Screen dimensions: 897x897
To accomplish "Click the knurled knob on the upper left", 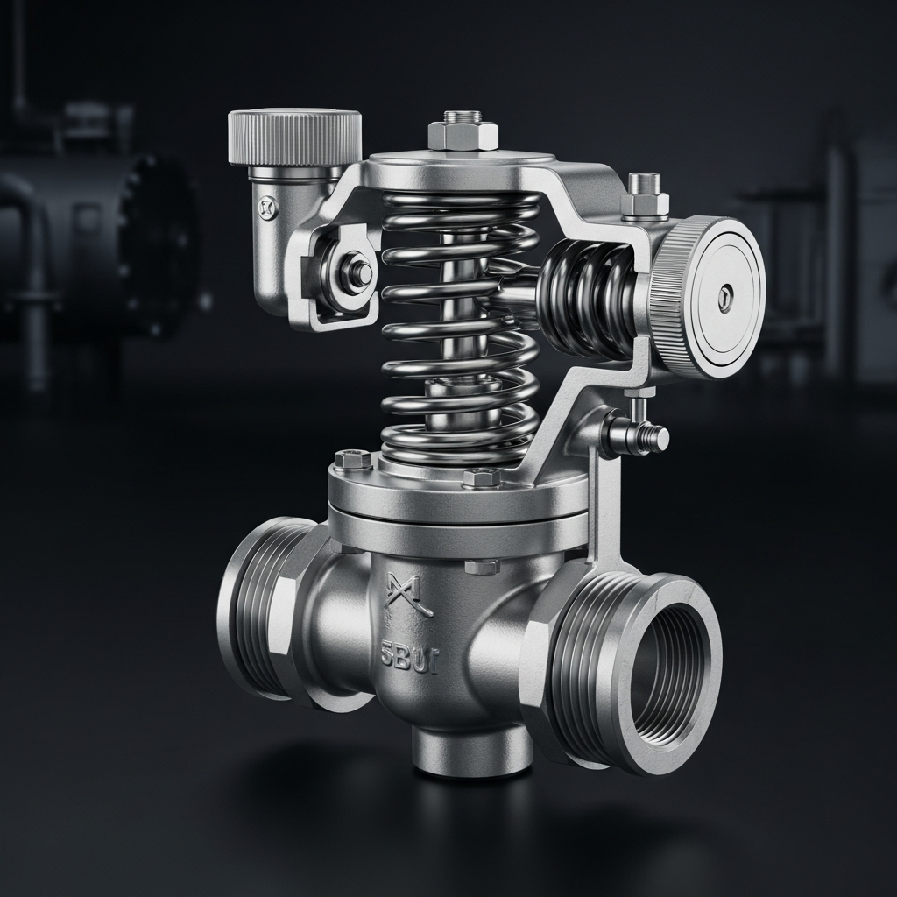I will coord(295,138).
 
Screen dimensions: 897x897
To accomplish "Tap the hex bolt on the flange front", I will coord(482,477).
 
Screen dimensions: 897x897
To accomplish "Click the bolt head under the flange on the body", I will coord(482,566).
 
